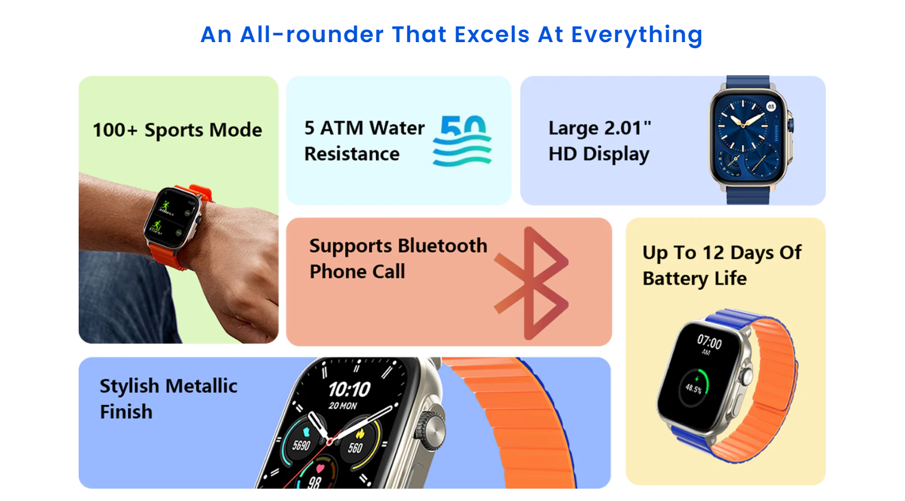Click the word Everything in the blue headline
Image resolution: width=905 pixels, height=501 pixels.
[636, 35]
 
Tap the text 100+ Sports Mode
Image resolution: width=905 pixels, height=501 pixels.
[178, 130]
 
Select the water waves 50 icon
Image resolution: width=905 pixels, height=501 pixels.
[462, 140]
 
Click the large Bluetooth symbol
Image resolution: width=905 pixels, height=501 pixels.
[531, 283]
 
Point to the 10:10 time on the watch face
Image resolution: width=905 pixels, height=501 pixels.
[349, 389]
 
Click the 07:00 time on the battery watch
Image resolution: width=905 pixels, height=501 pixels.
[710, 342]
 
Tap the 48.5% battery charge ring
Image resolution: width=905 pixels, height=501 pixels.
[695, 388]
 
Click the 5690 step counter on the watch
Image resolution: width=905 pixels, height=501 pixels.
[301, 445]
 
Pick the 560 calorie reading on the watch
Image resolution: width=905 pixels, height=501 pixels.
[355, 448]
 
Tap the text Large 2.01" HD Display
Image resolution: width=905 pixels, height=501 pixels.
[599, 140]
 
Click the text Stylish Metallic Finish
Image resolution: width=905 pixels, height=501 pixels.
[168, 398]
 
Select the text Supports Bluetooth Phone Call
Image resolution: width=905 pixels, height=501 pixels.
[398, 258]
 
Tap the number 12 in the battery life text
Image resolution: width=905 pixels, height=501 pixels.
[713, 253]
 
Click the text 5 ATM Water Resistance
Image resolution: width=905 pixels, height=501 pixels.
[364, 140]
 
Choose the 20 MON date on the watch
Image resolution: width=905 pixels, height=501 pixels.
[343, 406]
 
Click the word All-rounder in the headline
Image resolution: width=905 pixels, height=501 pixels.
[312, 35]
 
